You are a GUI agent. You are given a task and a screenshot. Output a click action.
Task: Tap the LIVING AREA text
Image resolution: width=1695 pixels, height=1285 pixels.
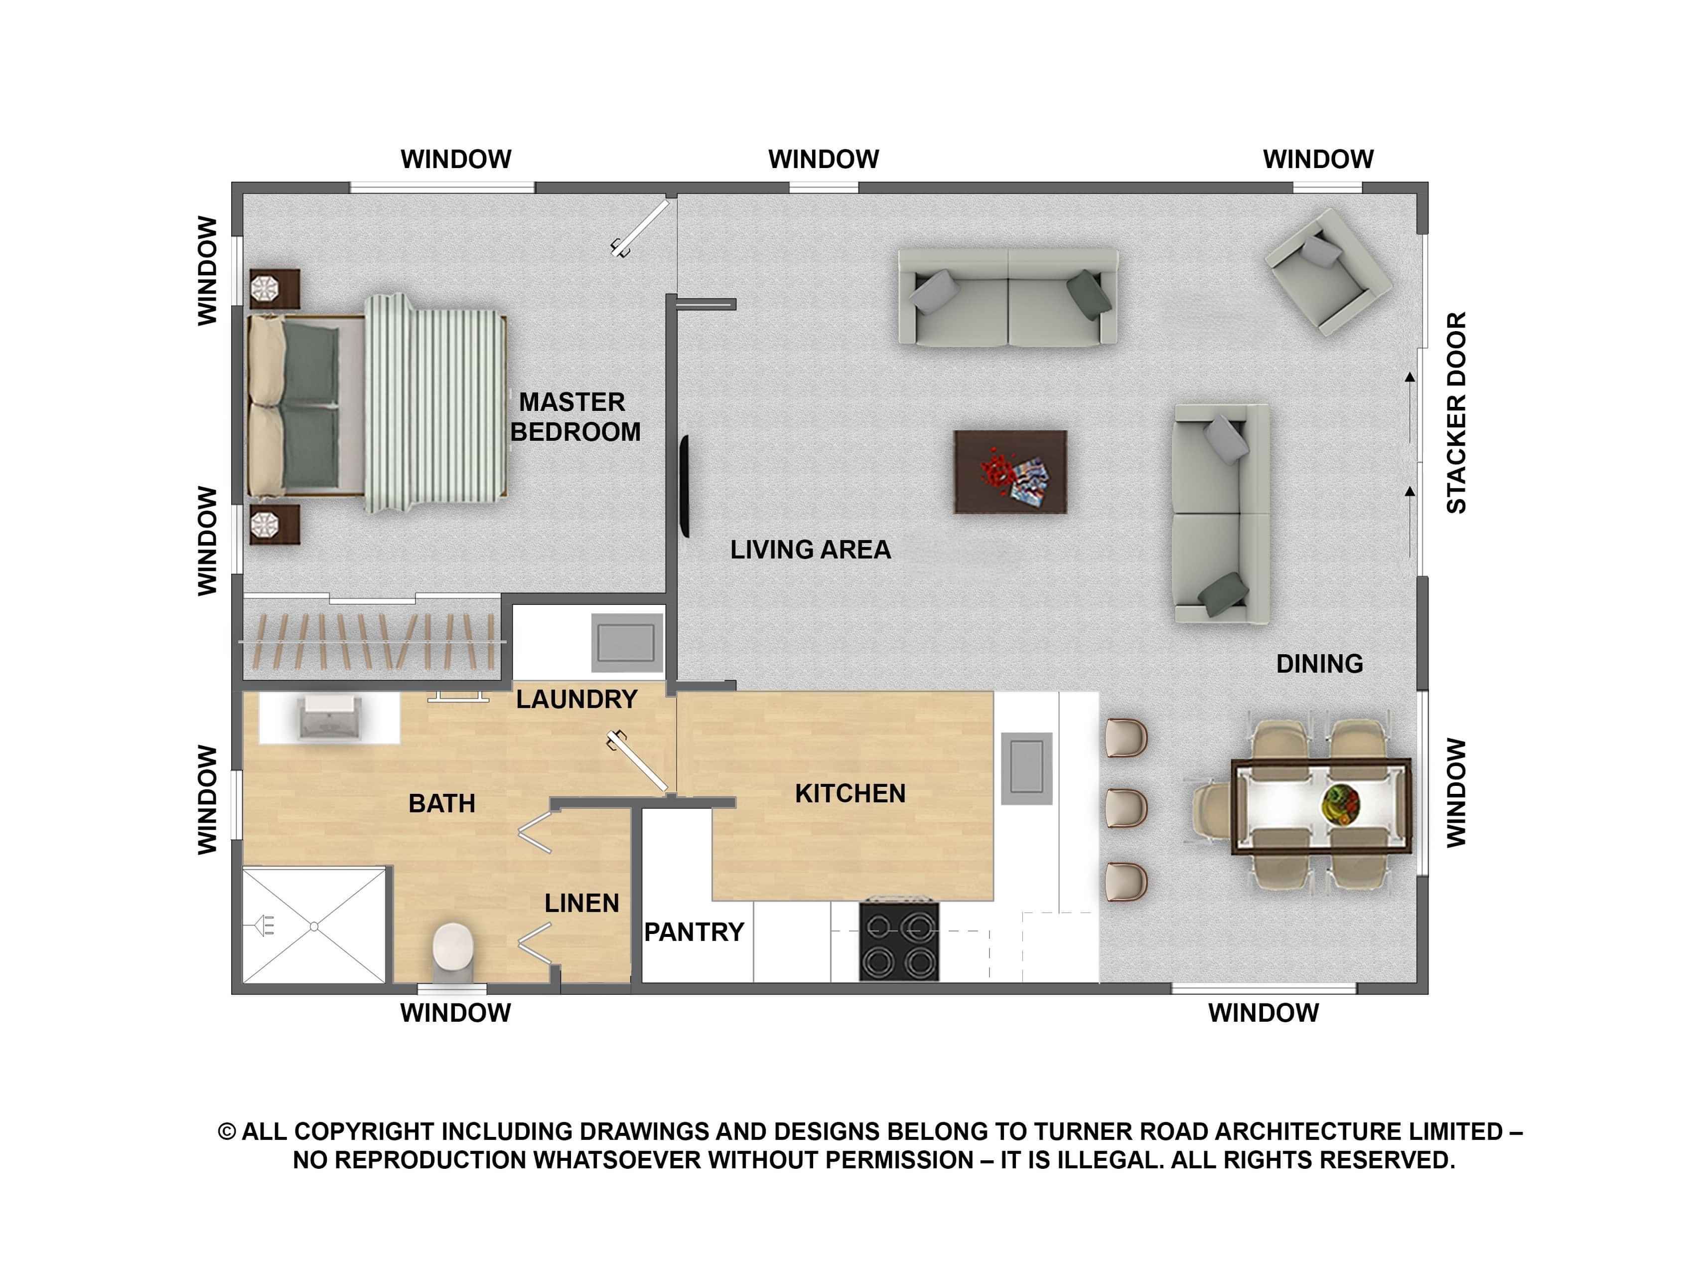[x=811, y=550]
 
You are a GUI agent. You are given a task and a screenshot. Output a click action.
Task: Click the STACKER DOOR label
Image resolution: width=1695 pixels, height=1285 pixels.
[x=1456, y=412]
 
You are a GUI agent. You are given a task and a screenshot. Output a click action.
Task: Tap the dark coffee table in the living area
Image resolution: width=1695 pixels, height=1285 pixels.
[x=1010, y=472]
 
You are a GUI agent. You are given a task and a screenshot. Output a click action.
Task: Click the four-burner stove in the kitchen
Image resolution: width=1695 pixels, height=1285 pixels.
[x=899, y=941]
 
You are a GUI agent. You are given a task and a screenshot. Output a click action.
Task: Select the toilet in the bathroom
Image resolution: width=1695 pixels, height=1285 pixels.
[x=453, y=951]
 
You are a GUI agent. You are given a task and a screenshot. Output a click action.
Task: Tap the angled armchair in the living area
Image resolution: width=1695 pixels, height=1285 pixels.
[x=1328, y=272]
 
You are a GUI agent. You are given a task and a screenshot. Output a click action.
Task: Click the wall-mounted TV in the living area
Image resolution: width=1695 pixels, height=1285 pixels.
[x=685, y=486]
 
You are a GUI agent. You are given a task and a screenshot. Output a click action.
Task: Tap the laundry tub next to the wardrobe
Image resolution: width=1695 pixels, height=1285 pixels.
[x=627, y=642]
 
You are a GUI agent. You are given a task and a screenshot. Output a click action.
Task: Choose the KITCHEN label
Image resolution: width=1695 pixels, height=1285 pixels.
[x=850, y=793]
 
